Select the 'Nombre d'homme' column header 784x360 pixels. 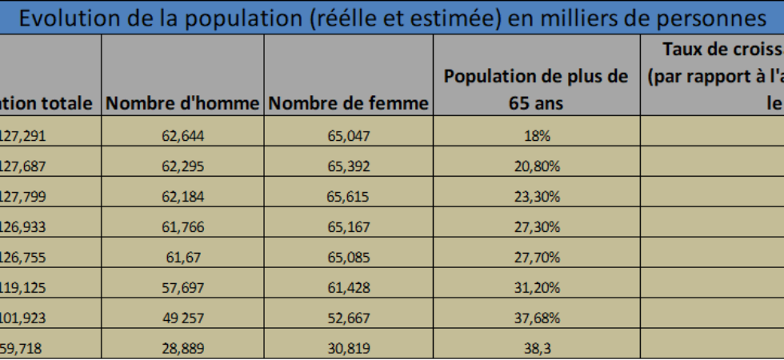click(182, 104)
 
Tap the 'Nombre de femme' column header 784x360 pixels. click(349, 104)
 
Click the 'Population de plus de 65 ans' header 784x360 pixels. click(536, 90)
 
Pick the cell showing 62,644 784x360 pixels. click(182, 136)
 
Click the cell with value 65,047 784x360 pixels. click(349, 136)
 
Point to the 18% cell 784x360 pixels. click(537, 136)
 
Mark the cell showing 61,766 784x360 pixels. click(182, 227)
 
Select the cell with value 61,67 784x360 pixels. click(182, 258)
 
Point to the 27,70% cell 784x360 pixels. click(537, 258)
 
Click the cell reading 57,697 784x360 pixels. click(182, 288)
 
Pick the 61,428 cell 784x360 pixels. click(349, 288)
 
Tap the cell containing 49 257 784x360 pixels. click(182, 318)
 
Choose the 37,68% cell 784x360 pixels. click(537, 318)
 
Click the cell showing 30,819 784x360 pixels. click(349, 347)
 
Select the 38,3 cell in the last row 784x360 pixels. click(537, 347)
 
